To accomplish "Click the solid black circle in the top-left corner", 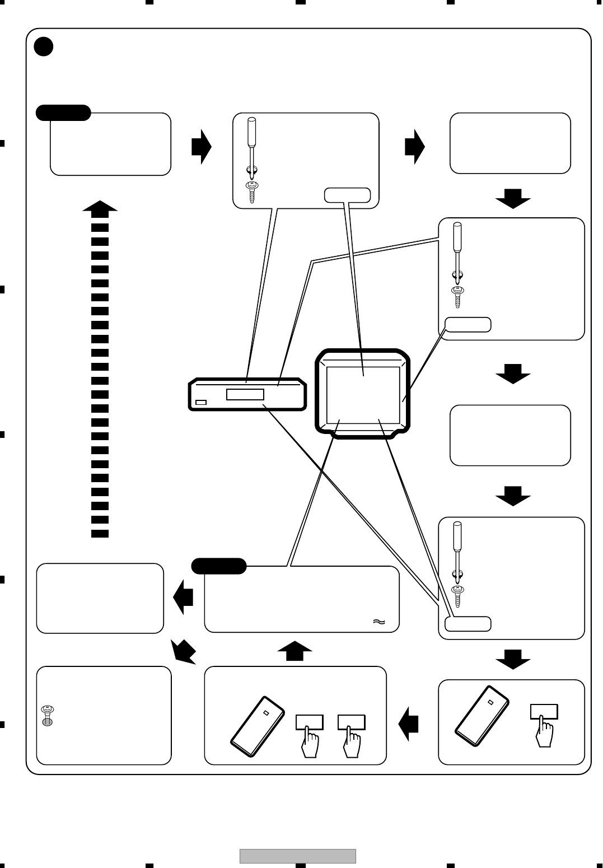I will [44, 46].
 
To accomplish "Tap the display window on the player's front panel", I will [245, 394].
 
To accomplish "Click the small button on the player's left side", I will [201, 402].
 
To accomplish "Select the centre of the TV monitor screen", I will [363, 395].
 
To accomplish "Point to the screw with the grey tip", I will [48, 716].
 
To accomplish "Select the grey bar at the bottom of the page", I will [298, 856].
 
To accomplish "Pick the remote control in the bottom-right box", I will [482, 716].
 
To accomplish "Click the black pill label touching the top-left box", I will [63, 113].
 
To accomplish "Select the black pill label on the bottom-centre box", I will [219, 566].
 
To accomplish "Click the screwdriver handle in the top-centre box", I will [252, 129].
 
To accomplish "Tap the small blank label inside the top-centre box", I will [347, 195].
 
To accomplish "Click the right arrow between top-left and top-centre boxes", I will [201, 147].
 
